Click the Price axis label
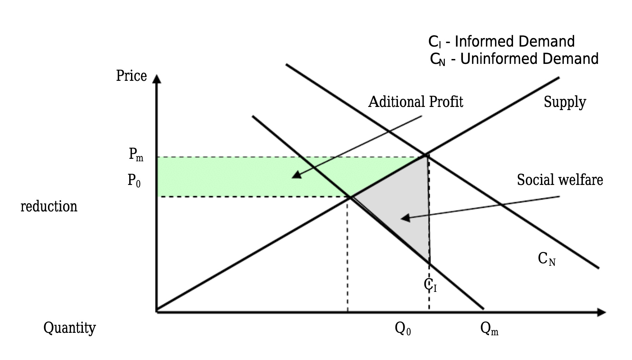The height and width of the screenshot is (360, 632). (131, 76)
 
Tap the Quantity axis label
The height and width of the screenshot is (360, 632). (70, 328)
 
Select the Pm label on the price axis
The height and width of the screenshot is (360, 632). (136, 154)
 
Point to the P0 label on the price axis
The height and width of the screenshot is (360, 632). (134, 180)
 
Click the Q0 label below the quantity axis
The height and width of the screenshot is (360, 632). (403, 329)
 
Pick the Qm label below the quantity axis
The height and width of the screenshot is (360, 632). (489, 329)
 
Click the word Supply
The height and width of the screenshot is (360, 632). (565, 102)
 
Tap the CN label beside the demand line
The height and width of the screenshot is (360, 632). (547, 259)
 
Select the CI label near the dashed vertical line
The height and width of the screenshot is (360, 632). (430, 285)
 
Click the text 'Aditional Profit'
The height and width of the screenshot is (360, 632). (416, 102)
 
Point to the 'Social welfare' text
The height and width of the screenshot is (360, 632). (560, 180)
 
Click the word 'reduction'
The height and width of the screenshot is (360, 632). (49, 206)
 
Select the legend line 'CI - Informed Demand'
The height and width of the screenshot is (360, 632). (501, 42)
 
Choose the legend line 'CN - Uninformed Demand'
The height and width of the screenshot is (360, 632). (514, 59)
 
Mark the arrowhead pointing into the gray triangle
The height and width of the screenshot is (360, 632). (405, 218)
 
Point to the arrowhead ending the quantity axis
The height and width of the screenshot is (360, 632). (601, 312)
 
